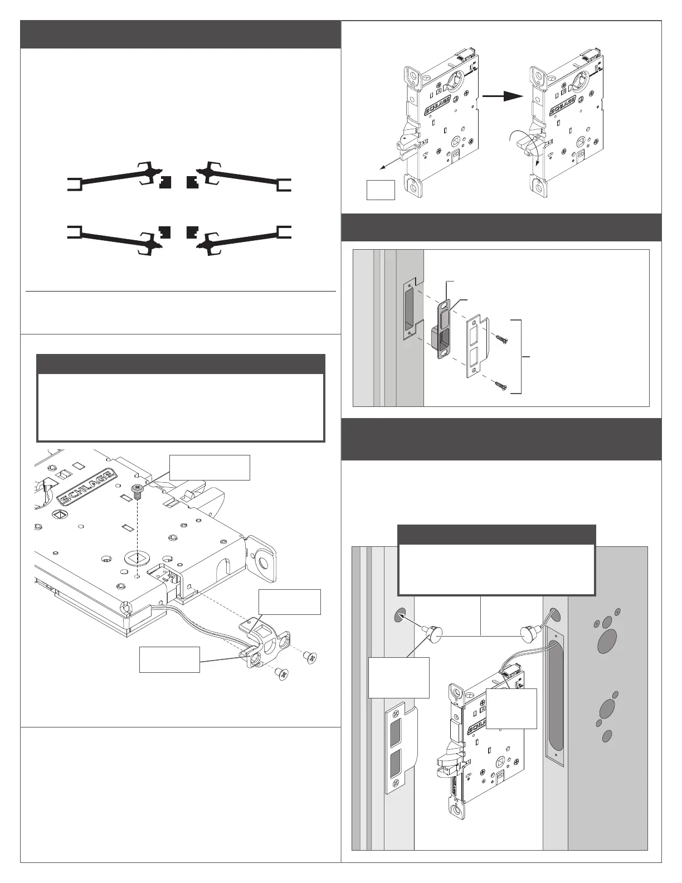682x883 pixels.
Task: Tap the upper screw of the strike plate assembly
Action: pos(501,338)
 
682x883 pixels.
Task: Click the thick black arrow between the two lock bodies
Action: pos(504,96)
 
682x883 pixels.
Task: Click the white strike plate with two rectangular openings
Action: pos(476,347)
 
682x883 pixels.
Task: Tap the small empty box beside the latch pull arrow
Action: pos(381,190)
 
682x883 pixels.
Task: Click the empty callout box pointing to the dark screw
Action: pos(210,467)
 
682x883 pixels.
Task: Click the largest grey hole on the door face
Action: pos(604,643)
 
